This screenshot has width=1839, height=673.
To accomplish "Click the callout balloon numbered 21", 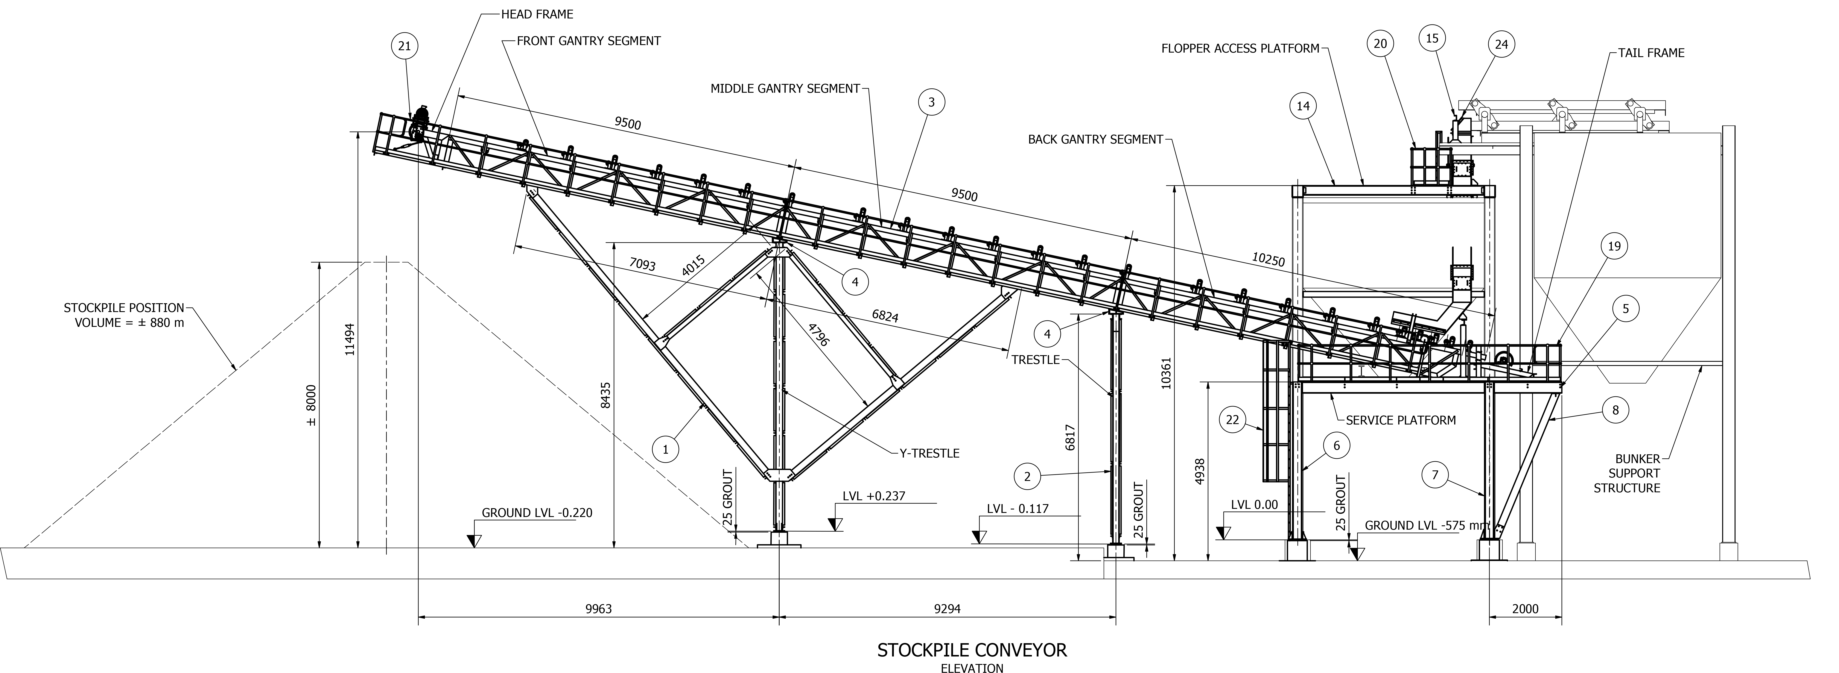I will coord(404,46).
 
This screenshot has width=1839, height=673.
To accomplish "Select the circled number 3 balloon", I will coord(931,102).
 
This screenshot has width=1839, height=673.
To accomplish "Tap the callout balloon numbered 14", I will coord(1303,106).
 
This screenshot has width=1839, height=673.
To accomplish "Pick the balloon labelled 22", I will coord(1232,420).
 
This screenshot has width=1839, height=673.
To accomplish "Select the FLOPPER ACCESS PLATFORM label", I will coord(1240,49).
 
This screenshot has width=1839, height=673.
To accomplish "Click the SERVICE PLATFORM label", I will coord(1400,420).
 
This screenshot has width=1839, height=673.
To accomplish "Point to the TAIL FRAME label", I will coord(1650,53).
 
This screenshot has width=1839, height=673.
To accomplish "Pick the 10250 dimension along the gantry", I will coord(1268,261).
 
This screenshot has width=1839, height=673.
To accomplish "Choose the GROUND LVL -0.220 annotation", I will coord(537,512).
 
